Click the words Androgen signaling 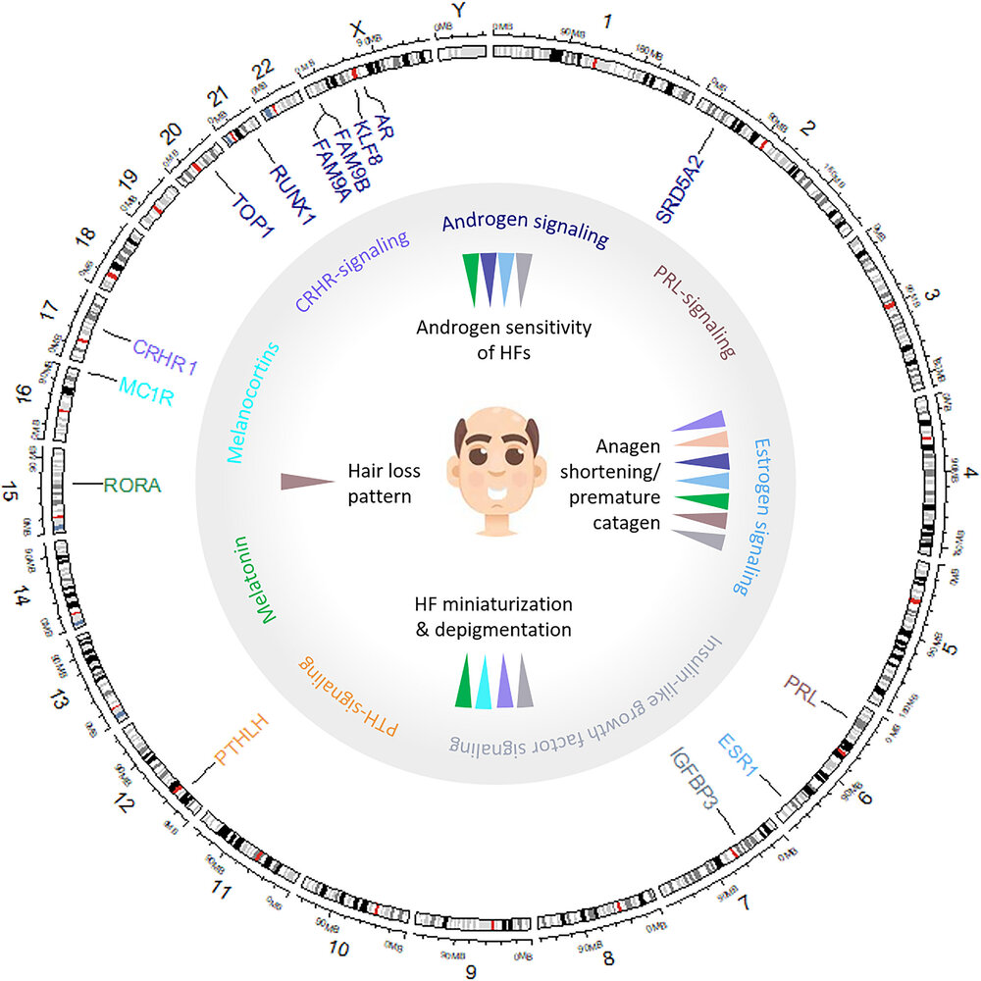(x=525, y=227)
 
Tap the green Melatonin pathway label (x=252, y=579)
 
